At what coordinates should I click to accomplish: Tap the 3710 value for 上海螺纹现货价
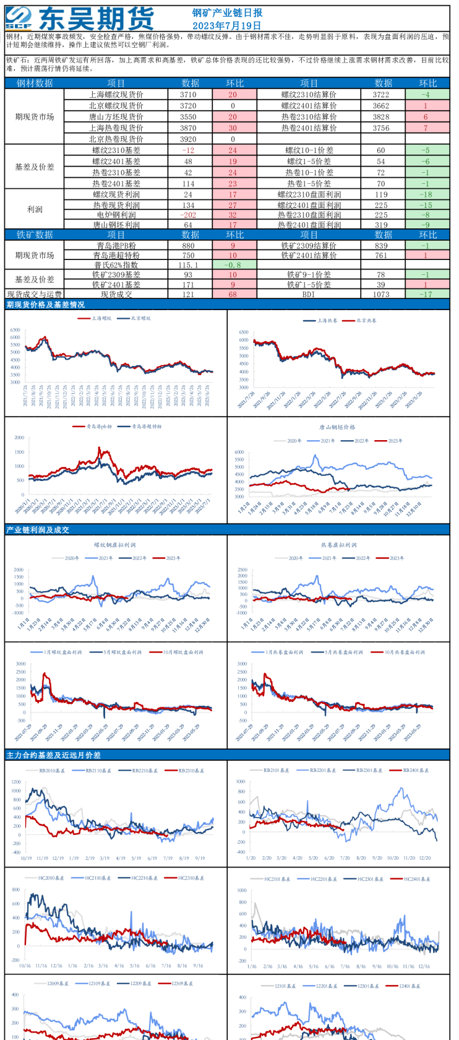click(x=188, y=95)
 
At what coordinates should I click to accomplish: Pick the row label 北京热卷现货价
click(x=116, y=139)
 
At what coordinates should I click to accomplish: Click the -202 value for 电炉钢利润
click(x=188, y=215)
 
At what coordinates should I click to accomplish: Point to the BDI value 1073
click(x=381, y=294)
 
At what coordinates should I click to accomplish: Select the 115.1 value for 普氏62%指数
click(x=188, y=265)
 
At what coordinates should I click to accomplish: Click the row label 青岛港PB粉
click(x=116, y=246)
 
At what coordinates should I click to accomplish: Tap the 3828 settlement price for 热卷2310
click(x=381, y=117)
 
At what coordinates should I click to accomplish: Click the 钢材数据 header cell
click(x=35, y=83)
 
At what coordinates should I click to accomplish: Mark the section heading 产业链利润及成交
click(x=38, y=530)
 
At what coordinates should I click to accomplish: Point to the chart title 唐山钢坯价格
click(x=337, y=427)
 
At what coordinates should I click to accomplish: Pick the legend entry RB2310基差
click(x=191, y=771)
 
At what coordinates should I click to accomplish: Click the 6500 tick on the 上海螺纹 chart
click(x=15, y=330)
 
